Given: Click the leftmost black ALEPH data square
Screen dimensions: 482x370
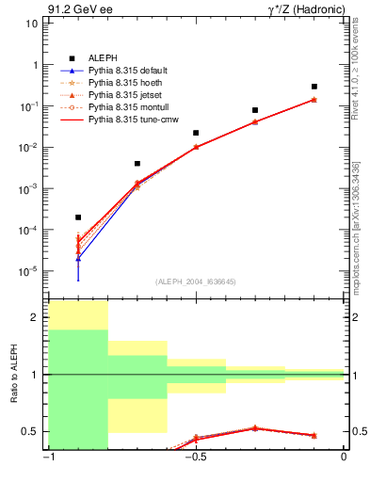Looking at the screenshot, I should [x=78, y=217].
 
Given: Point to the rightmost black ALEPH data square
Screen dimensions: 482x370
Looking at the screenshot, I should [x=314, y=87].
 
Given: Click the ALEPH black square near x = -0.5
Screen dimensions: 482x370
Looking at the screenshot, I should [x=196, y=134].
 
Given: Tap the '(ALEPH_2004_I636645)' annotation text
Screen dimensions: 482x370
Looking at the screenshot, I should [x=196, y=280].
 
